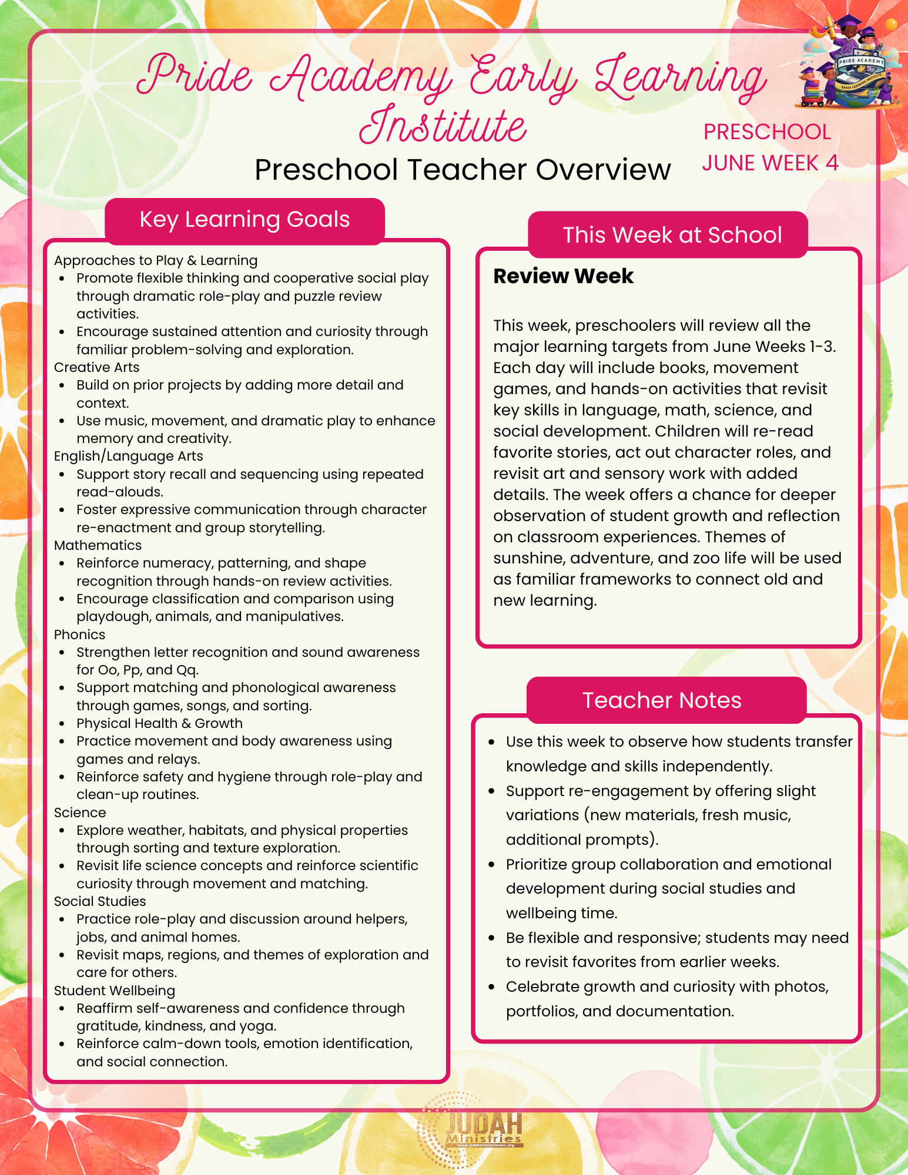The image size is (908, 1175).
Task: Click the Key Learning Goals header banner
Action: [244, 220]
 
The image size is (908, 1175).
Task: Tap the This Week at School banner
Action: [672, 235]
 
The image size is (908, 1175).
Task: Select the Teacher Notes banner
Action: [662, 700]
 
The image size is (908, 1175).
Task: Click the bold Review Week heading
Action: [563, 276]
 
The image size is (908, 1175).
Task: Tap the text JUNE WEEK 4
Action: [770, 163]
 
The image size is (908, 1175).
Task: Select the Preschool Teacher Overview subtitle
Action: [463, 170]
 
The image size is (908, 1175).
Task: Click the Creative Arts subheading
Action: [96, 367]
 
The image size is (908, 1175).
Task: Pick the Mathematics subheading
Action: [98, 545]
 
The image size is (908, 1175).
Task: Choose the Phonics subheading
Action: [79, 634]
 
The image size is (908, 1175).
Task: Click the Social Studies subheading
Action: [100, 901]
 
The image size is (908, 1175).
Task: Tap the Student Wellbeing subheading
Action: [115, 991]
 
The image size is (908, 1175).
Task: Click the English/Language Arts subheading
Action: [128, 456]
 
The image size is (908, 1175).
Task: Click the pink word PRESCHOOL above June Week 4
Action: [767, 132]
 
